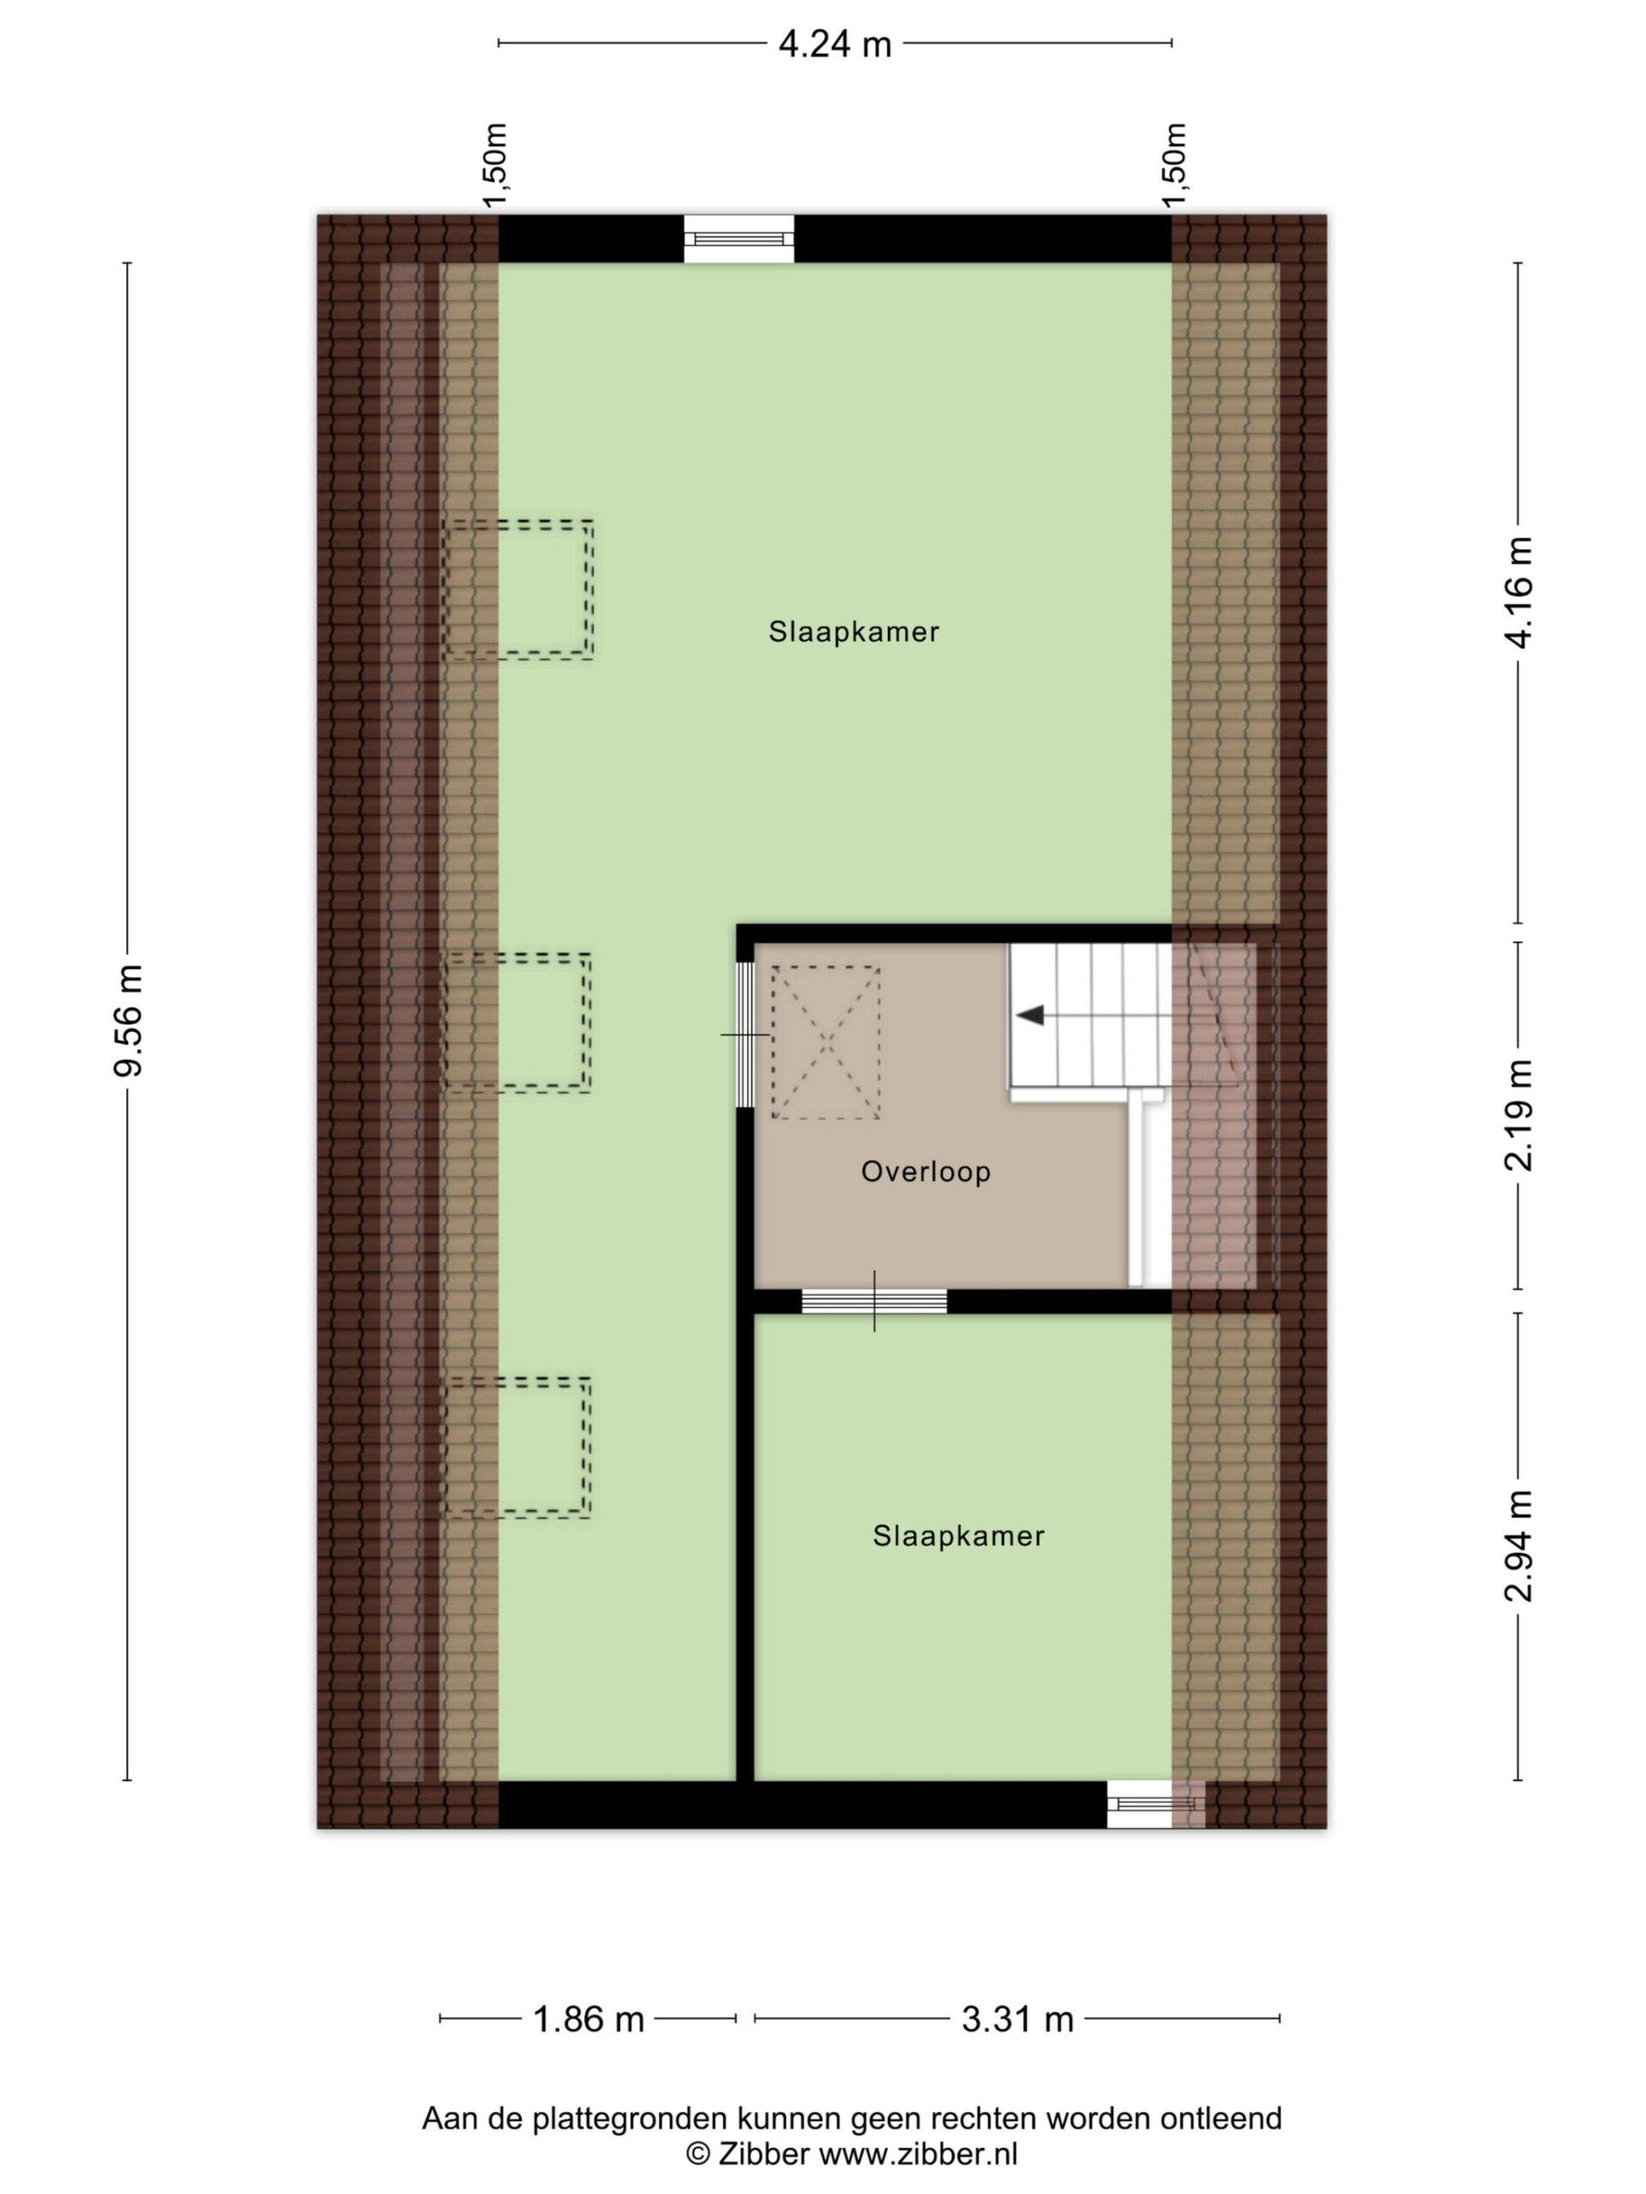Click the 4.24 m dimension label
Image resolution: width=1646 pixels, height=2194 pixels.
click(x=834, y=45)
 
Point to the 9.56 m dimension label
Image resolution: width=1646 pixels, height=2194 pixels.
click(x=129, y=1020)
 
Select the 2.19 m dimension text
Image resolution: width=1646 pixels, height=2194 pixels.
click(x=1518, y=1116)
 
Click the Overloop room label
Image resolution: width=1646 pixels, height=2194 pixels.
click(x=926, y=1172)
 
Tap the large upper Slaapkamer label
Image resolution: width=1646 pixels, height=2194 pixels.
click(x=853, y=632)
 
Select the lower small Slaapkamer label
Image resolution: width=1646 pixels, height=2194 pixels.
click(x=958, y=1536)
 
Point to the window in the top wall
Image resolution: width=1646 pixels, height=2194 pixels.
click(x=739, y=239)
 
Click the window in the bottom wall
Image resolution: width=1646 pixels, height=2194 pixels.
click(x=1156, y=1803)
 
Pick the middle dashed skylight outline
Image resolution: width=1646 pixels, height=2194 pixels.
click(x=518, y=1022)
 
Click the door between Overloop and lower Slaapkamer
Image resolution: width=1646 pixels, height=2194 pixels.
click(x=874, y=1300)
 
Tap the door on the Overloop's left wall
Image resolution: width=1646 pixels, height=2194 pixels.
click(x=744, y=1034)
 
